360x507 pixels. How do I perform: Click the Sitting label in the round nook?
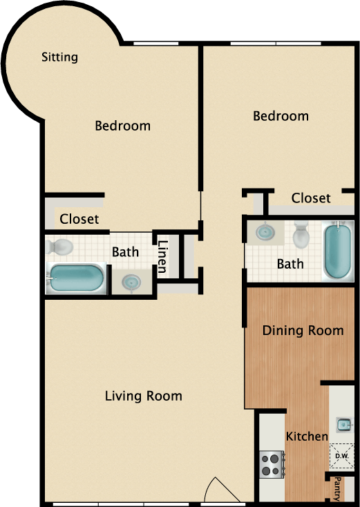coord(59,57)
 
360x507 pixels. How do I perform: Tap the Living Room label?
coord(144,396)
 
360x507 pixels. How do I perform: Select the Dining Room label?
coord(303,330)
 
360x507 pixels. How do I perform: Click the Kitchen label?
coord(307,436)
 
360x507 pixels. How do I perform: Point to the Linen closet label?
coord(163,256)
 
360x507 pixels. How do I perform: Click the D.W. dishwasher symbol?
coord(341,456)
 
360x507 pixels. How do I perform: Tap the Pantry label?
coord(337,487)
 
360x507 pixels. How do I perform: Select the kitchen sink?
coord(343,423)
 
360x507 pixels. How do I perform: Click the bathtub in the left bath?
coord(77,279)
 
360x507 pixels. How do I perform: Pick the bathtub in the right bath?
coord(339,250)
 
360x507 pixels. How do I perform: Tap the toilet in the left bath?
coord(61,246)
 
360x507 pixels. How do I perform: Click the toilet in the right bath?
coord(302,235)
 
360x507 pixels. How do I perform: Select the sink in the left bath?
coord(130,281)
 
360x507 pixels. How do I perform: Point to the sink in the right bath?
coord(265,232)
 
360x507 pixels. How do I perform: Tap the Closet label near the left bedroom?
coord(79,220)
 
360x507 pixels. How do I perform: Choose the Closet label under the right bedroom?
coord(311,198)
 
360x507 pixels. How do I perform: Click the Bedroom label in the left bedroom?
coord(122,126)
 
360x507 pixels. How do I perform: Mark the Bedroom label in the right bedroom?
coord(281,116)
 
